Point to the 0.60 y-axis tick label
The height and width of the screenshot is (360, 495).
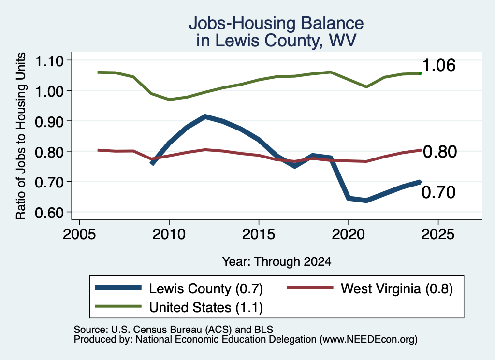click(49, 213)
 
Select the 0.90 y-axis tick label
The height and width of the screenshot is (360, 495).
click(49, 121)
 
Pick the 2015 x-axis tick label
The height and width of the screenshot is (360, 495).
click(259, 234)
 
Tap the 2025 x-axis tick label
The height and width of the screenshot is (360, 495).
click(438, 234)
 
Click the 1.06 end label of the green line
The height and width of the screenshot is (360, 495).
click(439, 65)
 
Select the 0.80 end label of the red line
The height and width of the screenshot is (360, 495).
click(440, 151)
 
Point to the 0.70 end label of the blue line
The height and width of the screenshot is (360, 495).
click(438, 192)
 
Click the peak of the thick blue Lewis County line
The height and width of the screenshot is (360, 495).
click(205, 117)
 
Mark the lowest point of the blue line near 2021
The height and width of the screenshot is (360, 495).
click(366, 201)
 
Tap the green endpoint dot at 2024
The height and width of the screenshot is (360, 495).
click(420, 73)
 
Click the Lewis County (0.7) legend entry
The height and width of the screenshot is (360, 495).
click(179, 288)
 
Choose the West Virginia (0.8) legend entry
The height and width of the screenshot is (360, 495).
click(370, 288)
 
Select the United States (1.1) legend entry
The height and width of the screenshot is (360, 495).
click(179, 307)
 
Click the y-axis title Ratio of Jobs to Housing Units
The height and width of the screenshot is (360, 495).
click(21, 136)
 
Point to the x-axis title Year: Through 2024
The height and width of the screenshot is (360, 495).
click(277, 261)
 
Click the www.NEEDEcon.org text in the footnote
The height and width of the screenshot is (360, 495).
click(368, 339)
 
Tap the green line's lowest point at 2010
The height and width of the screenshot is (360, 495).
click(169, 100)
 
